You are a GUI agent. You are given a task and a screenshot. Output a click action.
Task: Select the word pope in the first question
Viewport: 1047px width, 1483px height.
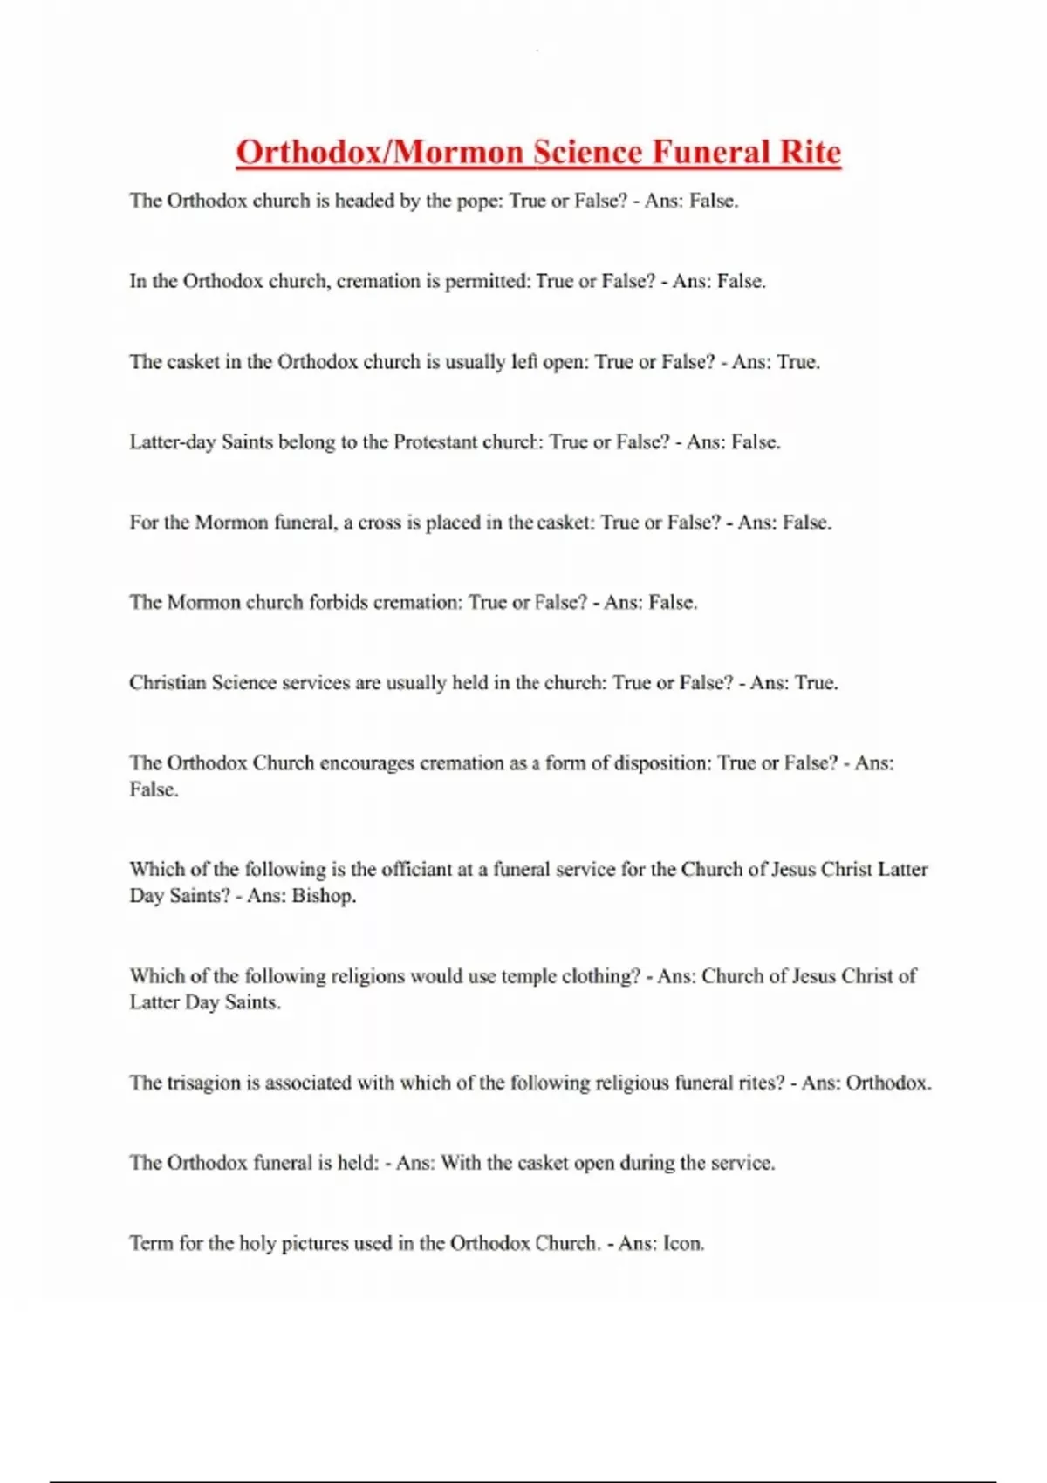[x=476, y=202]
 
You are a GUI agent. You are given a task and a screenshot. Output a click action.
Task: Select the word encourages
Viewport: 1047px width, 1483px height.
[x=366, y=763]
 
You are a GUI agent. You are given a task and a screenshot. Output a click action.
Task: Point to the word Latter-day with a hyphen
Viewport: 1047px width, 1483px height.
[x=173, y=442]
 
